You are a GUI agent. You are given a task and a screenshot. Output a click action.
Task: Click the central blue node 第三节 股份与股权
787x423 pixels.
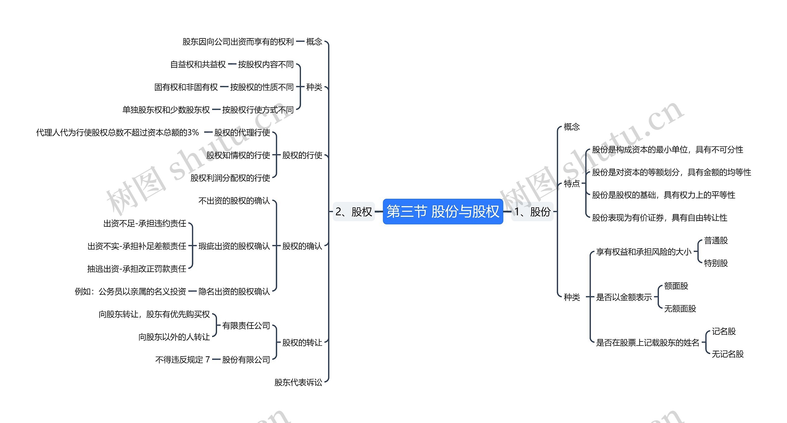(443, 211)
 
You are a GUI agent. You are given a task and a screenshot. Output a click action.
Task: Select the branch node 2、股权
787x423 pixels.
(354, 211)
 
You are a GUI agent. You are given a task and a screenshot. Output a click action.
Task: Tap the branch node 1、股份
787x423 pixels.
(532, 211)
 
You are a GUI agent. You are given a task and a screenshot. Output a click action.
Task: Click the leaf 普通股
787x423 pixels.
(716, 240)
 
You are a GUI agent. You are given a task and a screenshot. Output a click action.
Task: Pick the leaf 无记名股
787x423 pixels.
(727, 354)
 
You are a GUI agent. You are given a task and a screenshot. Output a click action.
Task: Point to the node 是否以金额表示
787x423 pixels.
(624, 297)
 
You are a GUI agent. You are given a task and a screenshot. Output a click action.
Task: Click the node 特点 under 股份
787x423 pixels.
(571, 184)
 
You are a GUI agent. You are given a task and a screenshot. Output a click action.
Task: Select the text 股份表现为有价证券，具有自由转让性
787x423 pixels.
(659, 217)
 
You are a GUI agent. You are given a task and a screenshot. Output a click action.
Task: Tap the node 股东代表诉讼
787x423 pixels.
(298, 382)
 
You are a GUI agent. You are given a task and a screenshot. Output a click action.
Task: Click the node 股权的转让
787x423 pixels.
(302, 342)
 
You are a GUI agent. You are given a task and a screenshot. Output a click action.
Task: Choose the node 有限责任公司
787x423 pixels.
(246, 325)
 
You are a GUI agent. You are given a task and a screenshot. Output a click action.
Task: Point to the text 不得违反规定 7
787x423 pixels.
(182, 359)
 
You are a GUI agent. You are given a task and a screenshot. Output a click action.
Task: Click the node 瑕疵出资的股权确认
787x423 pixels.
(234, 246)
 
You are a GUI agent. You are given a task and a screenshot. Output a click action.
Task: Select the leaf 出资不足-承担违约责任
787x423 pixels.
(144, 223)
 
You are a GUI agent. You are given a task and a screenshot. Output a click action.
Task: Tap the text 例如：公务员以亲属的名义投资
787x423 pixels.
(130, 291)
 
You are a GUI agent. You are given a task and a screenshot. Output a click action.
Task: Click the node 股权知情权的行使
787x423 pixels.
(238, 155)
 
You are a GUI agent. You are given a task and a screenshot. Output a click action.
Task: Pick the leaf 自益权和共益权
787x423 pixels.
(198, 64)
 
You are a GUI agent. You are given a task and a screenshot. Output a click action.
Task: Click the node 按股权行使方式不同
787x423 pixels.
(258, 110)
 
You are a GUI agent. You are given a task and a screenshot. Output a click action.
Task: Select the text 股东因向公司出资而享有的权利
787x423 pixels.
(238, 42)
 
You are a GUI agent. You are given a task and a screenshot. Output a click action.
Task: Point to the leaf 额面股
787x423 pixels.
(676, 286)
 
